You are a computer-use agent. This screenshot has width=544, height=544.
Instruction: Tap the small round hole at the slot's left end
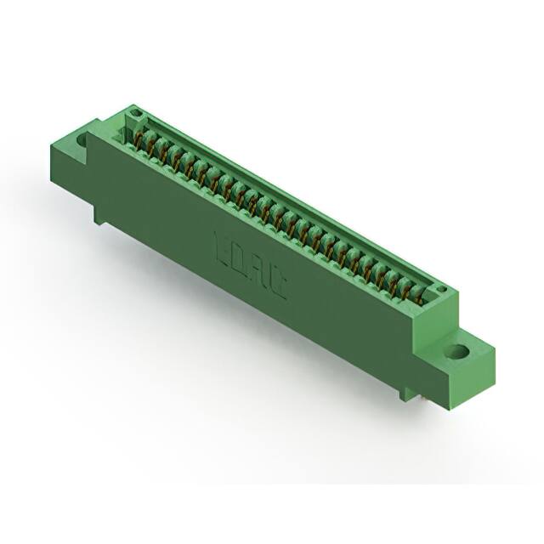[133, 114]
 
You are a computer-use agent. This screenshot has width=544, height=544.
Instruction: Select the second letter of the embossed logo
[241, 263]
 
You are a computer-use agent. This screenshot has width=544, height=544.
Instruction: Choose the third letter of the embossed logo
[259, 275]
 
